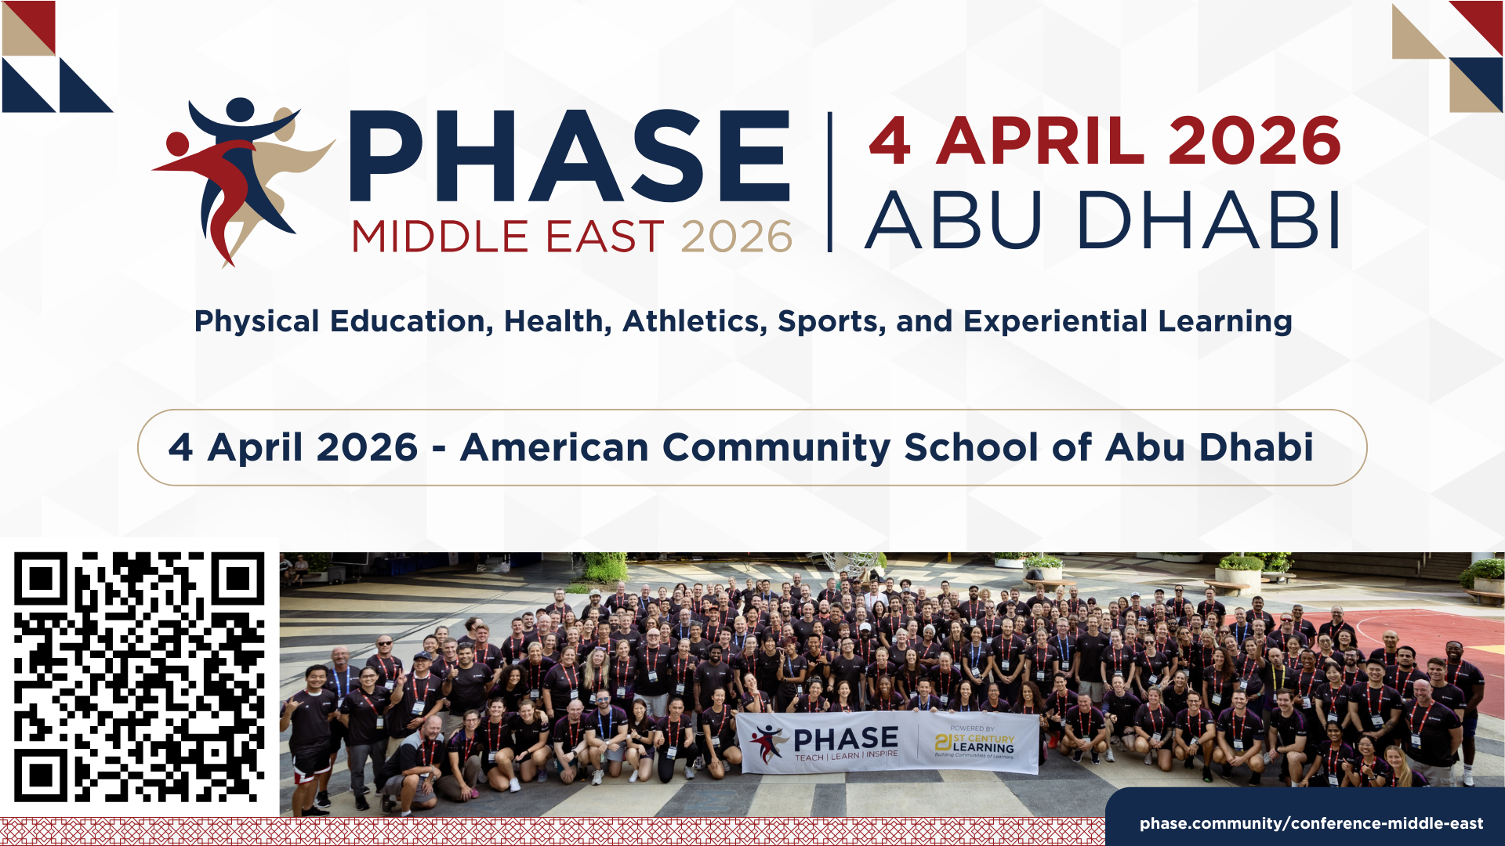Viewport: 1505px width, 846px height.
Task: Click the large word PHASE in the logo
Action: coord(569,157)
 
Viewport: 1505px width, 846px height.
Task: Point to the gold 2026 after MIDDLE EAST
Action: coord(736,237)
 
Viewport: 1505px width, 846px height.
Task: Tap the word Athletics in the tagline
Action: coord(694,321)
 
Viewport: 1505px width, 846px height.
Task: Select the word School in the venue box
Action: coord(971,447)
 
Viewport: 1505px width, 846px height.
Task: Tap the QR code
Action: coord(140,677)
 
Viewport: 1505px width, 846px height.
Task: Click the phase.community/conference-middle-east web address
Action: coord(1311,823)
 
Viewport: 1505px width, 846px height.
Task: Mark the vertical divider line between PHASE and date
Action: coord(830,182)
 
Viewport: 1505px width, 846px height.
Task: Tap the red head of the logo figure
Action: coord(177,144)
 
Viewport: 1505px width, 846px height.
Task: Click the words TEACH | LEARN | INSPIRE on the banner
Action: coord(847,756)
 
